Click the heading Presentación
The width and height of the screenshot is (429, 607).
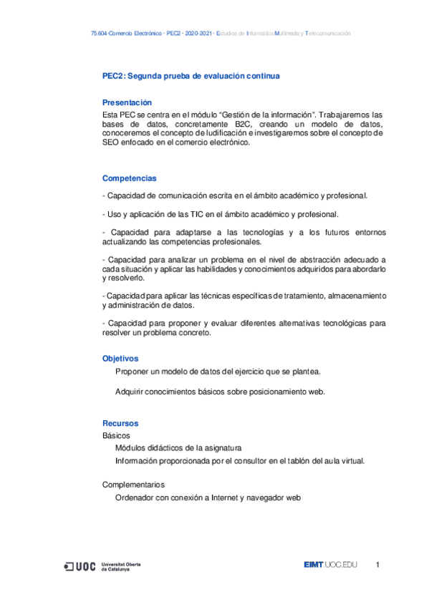coord(127,102)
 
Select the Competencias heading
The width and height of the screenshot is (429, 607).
coord(130,178)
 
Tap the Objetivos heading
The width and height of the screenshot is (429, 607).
coord(120,358)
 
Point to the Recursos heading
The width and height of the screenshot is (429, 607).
coord(120,423)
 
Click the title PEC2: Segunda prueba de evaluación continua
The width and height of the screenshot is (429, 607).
coord(191,75)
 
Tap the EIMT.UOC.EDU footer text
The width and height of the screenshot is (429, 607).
coord(329,566)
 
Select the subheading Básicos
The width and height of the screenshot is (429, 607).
coord(116,435)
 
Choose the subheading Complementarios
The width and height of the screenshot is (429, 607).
coord(133,485)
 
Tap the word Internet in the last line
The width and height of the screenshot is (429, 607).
coord(222,497)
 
